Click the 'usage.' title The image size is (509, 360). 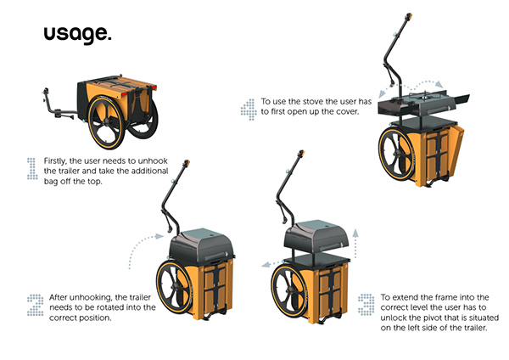[x=76, y=35]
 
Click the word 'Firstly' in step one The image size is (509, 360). [x=57, y=160]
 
